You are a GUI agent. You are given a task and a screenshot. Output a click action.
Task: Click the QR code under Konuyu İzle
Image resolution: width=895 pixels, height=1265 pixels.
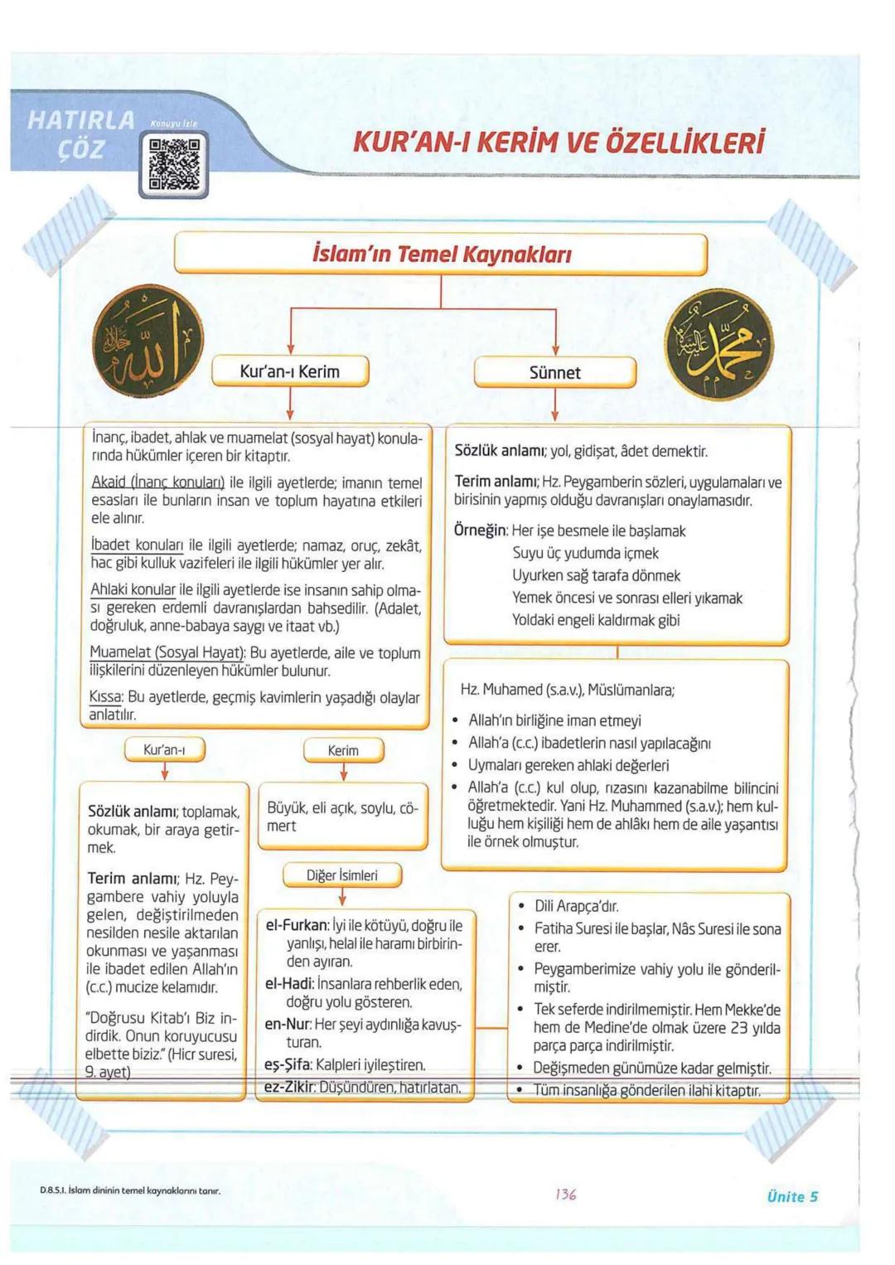[x=173, y=166]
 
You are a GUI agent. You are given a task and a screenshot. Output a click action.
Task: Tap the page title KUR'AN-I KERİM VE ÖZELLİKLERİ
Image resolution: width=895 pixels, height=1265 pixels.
[x=558, y=142]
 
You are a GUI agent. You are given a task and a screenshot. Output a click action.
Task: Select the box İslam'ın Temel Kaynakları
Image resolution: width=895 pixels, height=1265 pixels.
[x=441, y=254]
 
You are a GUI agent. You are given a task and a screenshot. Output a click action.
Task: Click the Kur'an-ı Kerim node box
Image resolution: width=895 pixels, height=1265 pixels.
[x=289, y=371]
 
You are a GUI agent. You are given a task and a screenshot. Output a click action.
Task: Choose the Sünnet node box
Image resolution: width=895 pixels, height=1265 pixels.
[x=554, y=372]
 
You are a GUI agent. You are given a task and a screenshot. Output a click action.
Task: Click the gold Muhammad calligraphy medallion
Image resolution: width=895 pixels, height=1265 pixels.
[x=719, y=344]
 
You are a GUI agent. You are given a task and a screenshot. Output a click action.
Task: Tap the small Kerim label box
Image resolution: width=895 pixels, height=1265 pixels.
[x=343, y=750]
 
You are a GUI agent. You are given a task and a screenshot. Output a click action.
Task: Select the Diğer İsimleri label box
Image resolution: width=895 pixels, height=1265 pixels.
[x=341, y=875]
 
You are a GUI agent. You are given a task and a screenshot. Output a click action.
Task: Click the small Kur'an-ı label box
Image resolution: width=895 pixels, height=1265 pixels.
[x=164, y=749]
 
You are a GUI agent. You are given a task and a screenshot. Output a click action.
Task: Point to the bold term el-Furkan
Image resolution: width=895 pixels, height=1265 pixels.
[x=297, y=925]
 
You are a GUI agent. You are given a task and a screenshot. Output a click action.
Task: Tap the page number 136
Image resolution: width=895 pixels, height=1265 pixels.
[x=565, y=1195]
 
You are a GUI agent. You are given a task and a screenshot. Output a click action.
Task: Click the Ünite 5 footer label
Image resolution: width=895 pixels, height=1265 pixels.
[x=791, y=1196]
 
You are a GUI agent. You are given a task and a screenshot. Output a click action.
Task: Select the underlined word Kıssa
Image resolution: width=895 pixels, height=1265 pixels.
[x=106, y=697]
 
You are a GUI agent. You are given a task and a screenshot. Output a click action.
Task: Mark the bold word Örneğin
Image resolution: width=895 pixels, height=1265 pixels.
[x=480, y=531]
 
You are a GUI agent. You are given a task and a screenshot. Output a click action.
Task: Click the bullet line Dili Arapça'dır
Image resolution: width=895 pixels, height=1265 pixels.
[x=576, y=906]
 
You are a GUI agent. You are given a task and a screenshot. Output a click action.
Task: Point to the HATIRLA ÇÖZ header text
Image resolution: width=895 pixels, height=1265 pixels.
[x=81, y=135]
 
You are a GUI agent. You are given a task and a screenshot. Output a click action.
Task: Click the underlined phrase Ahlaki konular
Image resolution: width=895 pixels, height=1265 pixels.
[x=133, y=589]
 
